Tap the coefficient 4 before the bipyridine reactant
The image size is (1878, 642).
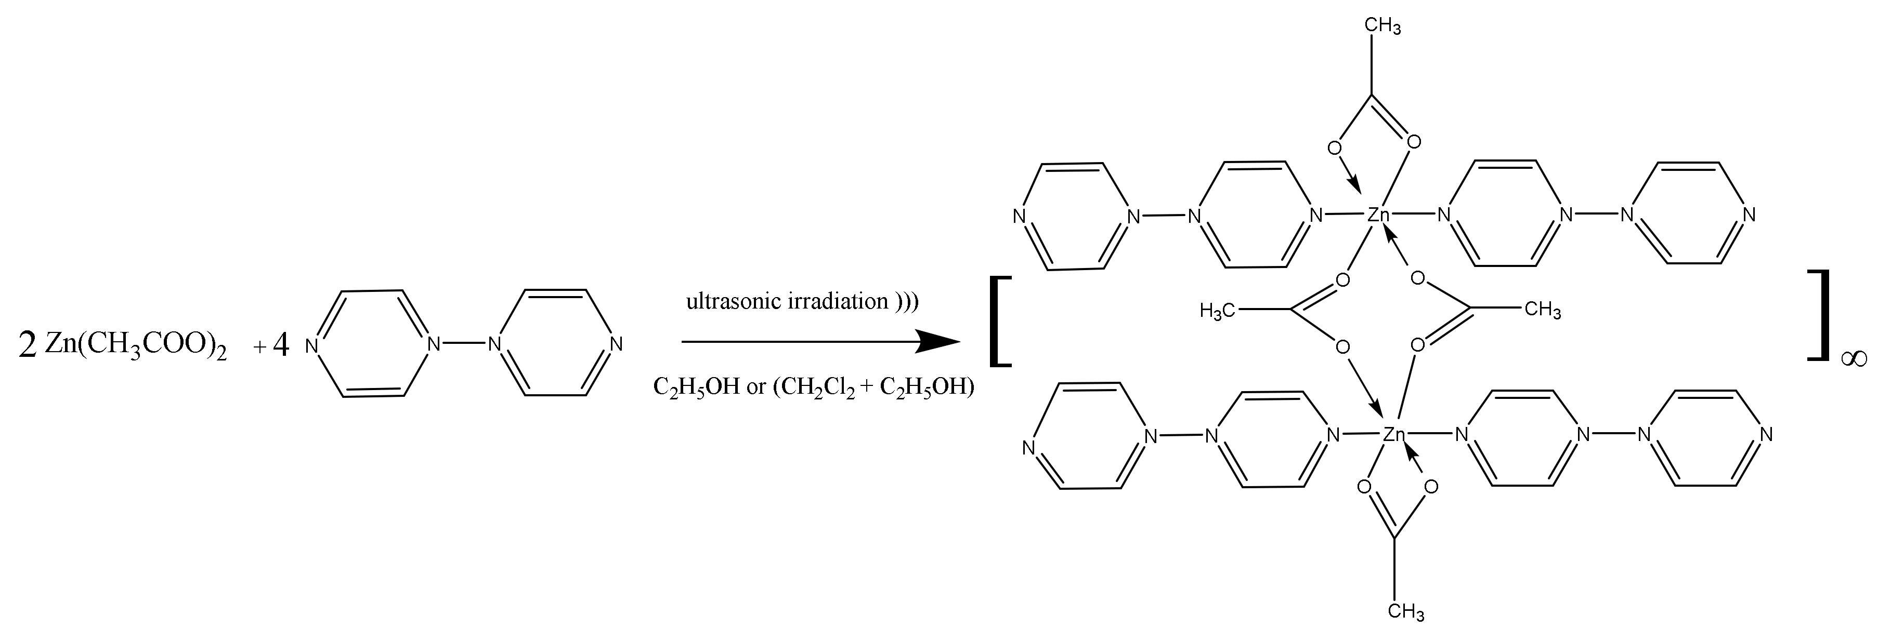coord(281,345)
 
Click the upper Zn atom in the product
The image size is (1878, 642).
coord(1378,214)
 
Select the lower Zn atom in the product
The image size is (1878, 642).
coord(1394,435)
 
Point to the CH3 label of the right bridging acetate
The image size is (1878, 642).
coord(1543,311)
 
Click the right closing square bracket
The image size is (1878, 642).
coord(1820,315)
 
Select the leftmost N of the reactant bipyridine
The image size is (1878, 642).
coord(311,345)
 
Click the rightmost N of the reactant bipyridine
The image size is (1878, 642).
coord(617,344)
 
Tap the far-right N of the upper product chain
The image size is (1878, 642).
coord(1747,215)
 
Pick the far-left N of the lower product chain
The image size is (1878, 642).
coord(1028,447)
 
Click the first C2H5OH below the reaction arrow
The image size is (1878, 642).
coord(696,386)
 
